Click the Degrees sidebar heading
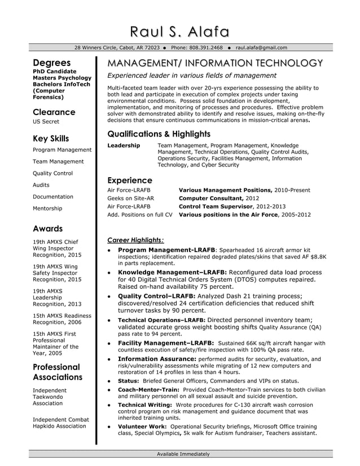pyautogui.click(x=51, y=63)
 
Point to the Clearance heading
pyautogui.click(x=54, y=112)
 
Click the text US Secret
pyautogui.click(x=46, y=122)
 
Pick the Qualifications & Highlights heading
pyautogui.click(x=159, y=134)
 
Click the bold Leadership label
pyautogui.click(x=124, y=146)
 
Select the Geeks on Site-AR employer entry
pyautogui.click(x=130, y=199)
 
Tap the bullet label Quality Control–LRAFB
pyautogui.click(x=156, y=296)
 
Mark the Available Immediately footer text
pyautogui.click(x=183, y=454)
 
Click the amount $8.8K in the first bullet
pyautogui.click(x=318, y=257)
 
